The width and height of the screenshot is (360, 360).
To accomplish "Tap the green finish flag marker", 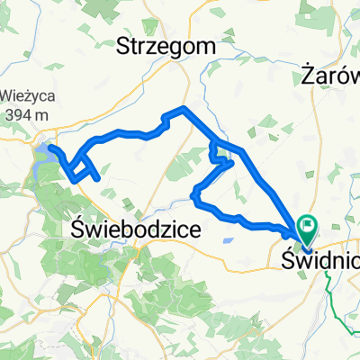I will click(309, 228).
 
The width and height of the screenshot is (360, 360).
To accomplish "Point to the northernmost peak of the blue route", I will click(184, 108).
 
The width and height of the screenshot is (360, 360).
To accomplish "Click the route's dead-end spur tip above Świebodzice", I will click(96, 178).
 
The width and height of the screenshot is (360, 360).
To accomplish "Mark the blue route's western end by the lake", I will click(50, 147).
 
